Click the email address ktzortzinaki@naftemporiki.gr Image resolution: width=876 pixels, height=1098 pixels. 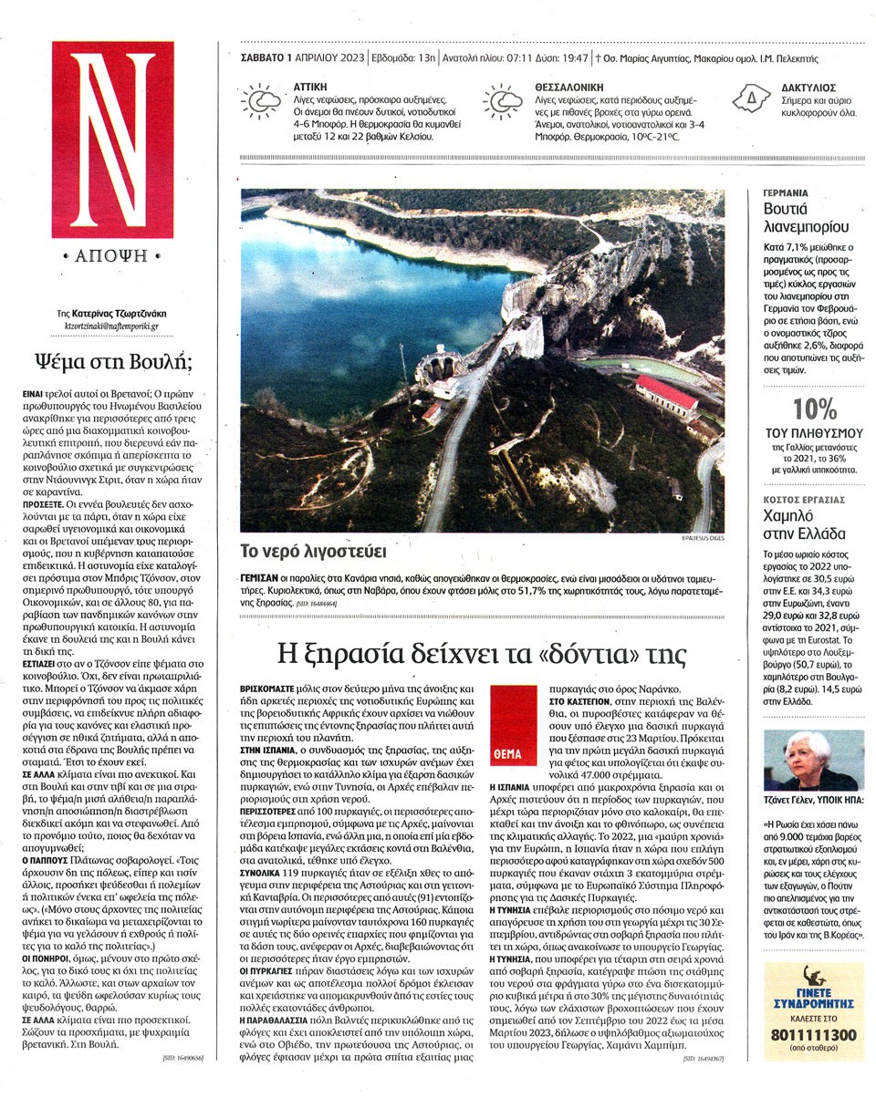(x=112, y=325)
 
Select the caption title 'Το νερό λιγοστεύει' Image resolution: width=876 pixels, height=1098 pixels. (x=301, y=551)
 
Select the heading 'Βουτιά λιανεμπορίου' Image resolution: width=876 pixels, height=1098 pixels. (x=800, y=218)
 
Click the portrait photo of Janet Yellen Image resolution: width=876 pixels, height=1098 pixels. (x=800, y=760)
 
